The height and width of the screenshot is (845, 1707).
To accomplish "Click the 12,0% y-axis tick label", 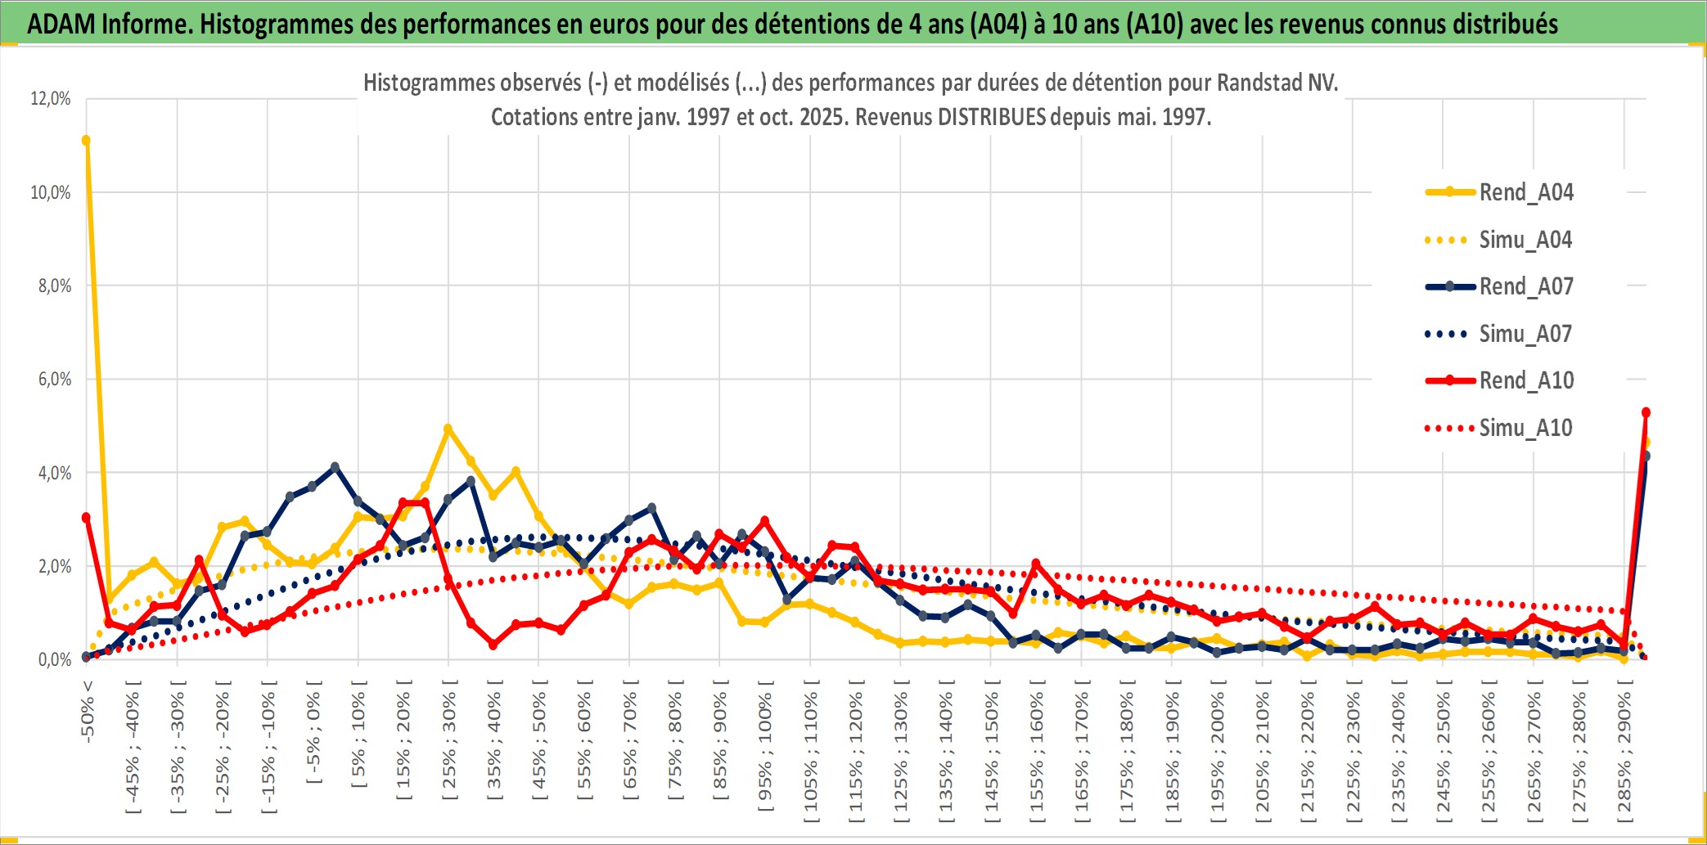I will coord(51,99).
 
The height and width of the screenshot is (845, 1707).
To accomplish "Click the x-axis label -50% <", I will coord(88,711).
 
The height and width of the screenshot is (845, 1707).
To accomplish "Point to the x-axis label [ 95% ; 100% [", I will coord(765,744).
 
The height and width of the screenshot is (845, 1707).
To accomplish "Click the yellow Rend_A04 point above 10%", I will coord(86,141).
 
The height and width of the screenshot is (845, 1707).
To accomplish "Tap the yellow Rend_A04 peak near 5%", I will coord(448,429).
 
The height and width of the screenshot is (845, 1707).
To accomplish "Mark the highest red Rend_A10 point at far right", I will coord(1646,412).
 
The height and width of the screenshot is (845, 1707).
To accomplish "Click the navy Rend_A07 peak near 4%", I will coord(335,467).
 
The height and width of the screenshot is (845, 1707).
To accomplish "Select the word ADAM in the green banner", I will coord(61,24).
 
